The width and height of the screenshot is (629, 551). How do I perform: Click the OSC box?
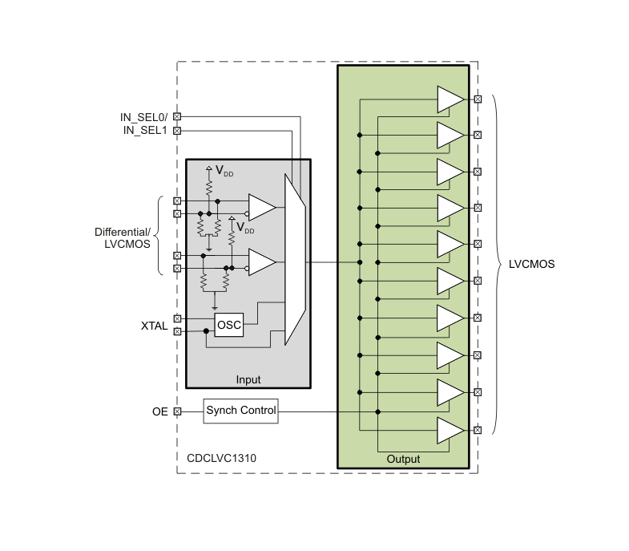point(229,325)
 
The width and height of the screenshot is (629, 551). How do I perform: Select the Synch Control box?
point(240,411)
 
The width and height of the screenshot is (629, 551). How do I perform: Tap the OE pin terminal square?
point(177,411)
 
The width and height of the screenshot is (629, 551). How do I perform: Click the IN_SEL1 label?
point(145,130)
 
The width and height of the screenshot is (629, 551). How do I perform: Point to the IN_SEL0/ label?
point(143,117)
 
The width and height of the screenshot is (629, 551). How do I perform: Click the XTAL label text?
point(154,326)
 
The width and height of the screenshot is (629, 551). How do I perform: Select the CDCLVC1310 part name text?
point(221,458)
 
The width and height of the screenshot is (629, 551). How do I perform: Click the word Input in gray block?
point(248,379)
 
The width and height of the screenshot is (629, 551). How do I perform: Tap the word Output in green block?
point(403,459)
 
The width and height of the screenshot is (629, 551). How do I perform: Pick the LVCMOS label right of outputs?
point(531,264)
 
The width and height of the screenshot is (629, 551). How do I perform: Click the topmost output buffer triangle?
point(450,99)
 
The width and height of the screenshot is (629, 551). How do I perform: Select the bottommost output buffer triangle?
point(450,431)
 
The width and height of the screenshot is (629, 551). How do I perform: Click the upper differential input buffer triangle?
point(261,208)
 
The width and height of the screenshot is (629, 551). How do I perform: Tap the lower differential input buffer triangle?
point(261,261)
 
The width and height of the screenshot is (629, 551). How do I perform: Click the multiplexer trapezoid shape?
point(295,259)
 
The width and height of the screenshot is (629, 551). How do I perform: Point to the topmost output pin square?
point(478,99)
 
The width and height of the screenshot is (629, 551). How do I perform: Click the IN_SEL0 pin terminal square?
point(177,116)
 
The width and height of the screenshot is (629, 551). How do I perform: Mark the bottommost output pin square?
point(478,430)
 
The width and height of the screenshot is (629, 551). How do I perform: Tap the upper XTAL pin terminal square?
point(177,318)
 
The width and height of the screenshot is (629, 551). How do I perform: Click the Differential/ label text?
point(123,232)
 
